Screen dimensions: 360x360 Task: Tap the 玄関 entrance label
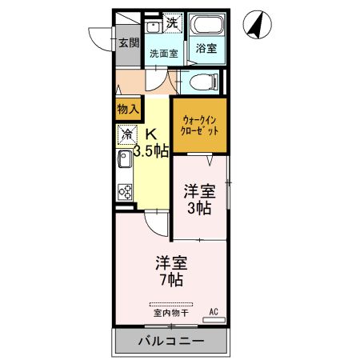(x=129, y=42)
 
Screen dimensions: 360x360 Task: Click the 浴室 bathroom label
(x=206, y=49)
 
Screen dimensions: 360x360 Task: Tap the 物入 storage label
(x=128, y=108)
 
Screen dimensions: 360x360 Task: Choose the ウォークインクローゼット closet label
(x=199, y=125)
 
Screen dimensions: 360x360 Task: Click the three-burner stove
(x=126, y=190)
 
